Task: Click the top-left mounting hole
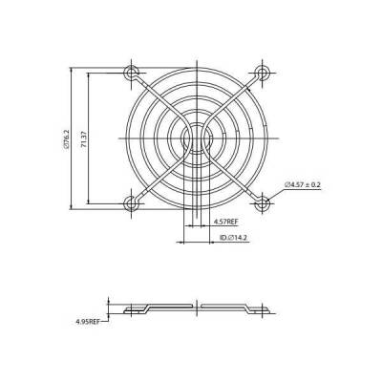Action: [131, 71]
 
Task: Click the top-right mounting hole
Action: [261, 71]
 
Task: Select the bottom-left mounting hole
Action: [131, 202]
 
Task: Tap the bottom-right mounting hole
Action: [261, 202]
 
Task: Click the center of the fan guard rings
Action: [196, 137]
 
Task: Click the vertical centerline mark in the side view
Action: [196, 308]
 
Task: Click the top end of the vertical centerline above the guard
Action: [196, 57]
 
